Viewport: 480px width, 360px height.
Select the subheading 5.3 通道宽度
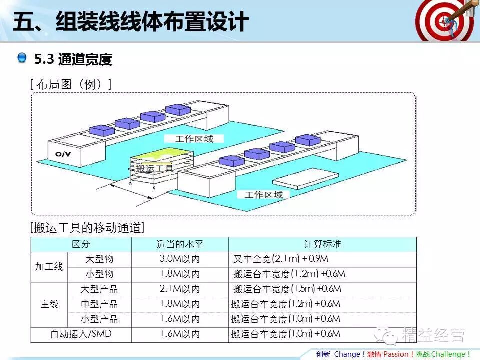(x=73, y=60)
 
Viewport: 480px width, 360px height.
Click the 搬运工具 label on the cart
(x=154, y=168)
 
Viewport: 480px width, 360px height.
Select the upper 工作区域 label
(x=194, y=139)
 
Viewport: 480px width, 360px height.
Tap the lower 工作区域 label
(x=264, y=195)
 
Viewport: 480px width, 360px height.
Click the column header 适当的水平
(x=180, y=244)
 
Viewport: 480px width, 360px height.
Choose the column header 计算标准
(x=322, y=244)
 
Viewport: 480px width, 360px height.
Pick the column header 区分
(x=81, y=244)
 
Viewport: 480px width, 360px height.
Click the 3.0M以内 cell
(x=180, y=259)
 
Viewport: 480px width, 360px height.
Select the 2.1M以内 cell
(x=180, y=289)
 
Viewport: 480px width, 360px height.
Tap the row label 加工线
(x=49, y=267)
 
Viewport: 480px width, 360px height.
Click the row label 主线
(x=49, y=304)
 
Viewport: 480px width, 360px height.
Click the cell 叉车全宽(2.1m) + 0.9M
(x=281, y=259)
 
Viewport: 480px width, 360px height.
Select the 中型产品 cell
(x=99, y=304)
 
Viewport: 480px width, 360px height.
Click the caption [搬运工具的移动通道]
(x=87, y=228)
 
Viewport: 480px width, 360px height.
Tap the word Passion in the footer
(x=396, y=354)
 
